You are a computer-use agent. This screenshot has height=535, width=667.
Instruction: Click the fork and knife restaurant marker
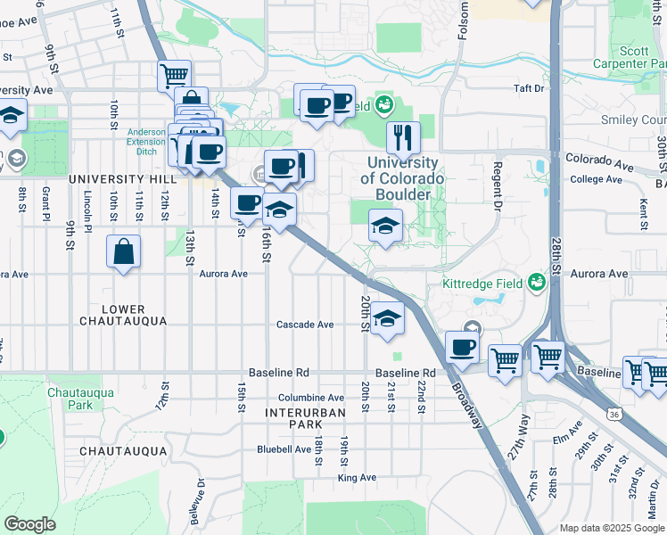403,138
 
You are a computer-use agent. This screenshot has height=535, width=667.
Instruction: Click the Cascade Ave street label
304,325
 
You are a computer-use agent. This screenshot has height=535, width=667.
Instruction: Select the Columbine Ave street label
310,398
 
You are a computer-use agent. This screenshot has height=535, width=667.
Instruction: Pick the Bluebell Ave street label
284,449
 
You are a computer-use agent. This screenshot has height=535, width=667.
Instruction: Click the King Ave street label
357,478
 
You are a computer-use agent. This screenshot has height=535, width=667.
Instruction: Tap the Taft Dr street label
528,88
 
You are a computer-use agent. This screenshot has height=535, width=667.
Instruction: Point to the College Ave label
596,179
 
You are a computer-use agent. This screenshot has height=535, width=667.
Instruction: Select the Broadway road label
466,406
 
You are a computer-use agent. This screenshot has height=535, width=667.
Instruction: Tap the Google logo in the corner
30,524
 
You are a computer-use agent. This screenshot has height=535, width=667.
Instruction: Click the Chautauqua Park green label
70,399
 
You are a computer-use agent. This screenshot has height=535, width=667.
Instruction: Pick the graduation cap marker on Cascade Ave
386,318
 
